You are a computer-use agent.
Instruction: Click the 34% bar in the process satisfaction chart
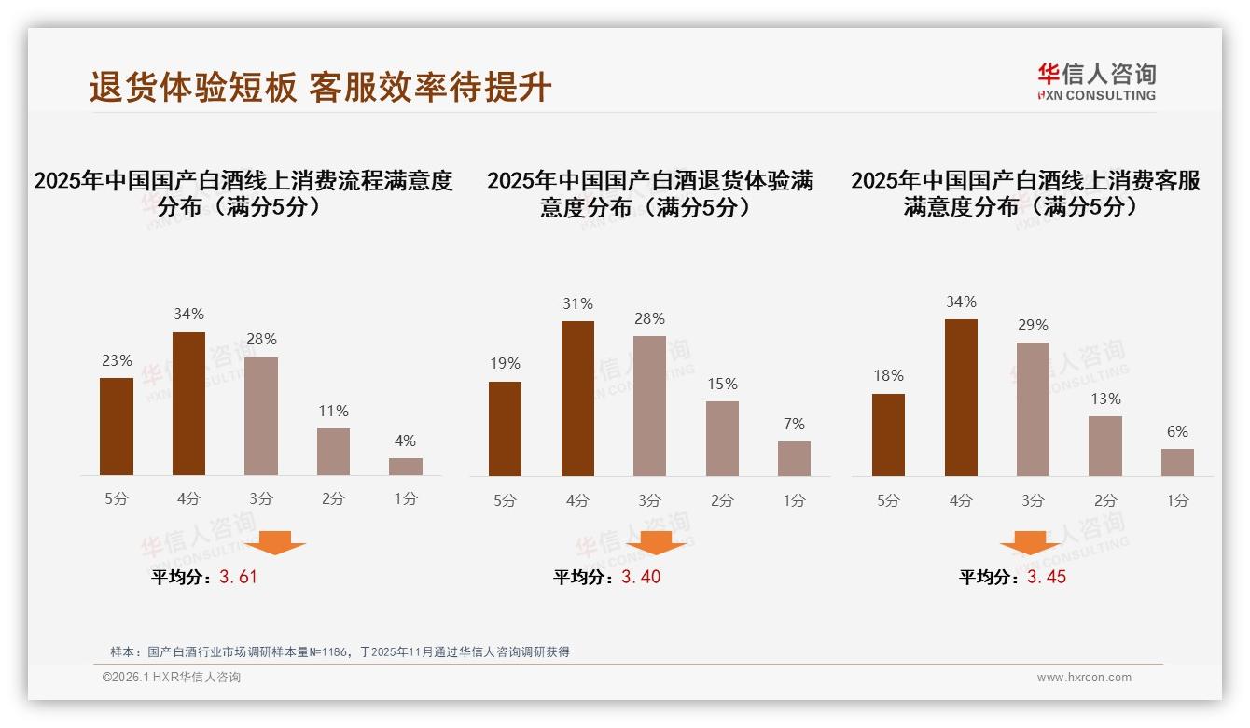pos(188,403)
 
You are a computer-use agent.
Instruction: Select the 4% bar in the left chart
pos(405,467)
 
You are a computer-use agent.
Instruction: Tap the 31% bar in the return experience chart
pos(577,399)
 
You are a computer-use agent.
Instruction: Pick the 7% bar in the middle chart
pos(794,458)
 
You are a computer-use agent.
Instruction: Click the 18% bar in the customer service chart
pos(888,435)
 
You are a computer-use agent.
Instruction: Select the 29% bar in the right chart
pos(1033,409)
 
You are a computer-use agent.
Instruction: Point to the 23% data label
pos(117,360)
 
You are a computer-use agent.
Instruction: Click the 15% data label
pos(722,384)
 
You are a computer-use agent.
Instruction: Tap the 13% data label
pos(1105,399)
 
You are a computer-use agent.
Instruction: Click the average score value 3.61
pos(238,577)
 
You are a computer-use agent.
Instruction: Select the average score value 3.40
pos(641,577)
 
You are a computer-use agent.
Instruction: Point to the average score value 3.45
pos(1047,577)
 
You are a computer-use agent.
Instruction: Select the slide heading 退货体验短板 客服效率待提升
pos(321,87)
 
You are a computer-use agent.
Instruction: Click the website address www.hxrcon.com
pos(1084,678)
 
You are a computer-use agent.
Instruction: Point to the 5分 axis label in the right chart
pos(888,500)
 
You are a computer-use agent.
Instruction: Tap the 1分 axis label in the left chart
pos(405,498)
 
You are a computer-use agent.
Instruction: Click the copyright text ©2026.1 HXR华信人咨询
pos(172,678)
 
